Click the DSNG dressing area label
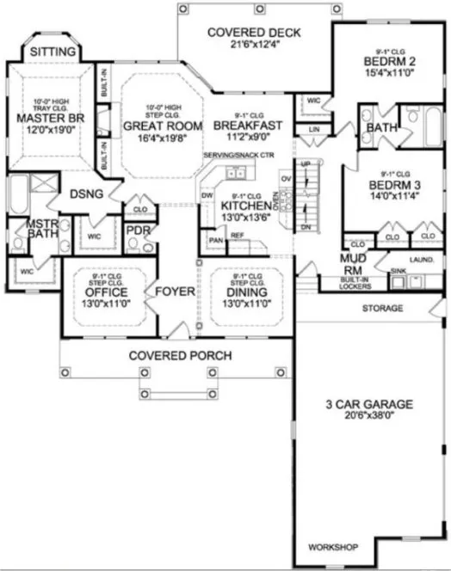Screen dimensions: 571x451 (86, 194)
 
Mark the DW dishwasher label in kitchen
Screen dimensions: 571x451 (207, 195)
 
